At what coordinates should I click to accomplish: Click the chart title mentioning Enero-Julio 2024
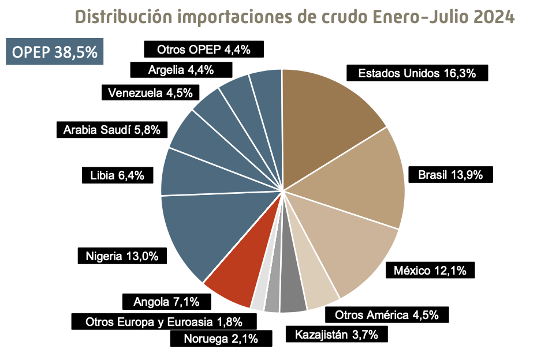click(294, 17)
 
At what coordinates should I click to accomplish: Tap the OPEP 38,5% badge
click(55, 52)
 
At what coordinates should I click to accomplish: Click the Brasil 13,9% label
click(450, 175)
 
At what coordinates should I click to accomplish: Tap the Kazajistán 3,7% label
click(336, 334)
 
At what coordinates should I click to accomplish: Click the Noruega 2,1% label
click(221, 339)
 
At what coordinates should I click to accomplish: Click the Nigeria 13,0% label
click(122, 256)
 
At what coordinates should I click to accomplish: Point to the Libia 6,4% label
click(117, 175)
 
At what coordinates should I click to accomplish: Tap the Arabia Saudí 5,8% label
click(112, 129)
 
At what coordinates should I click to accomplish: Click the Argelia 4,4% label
click(181, 70)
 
